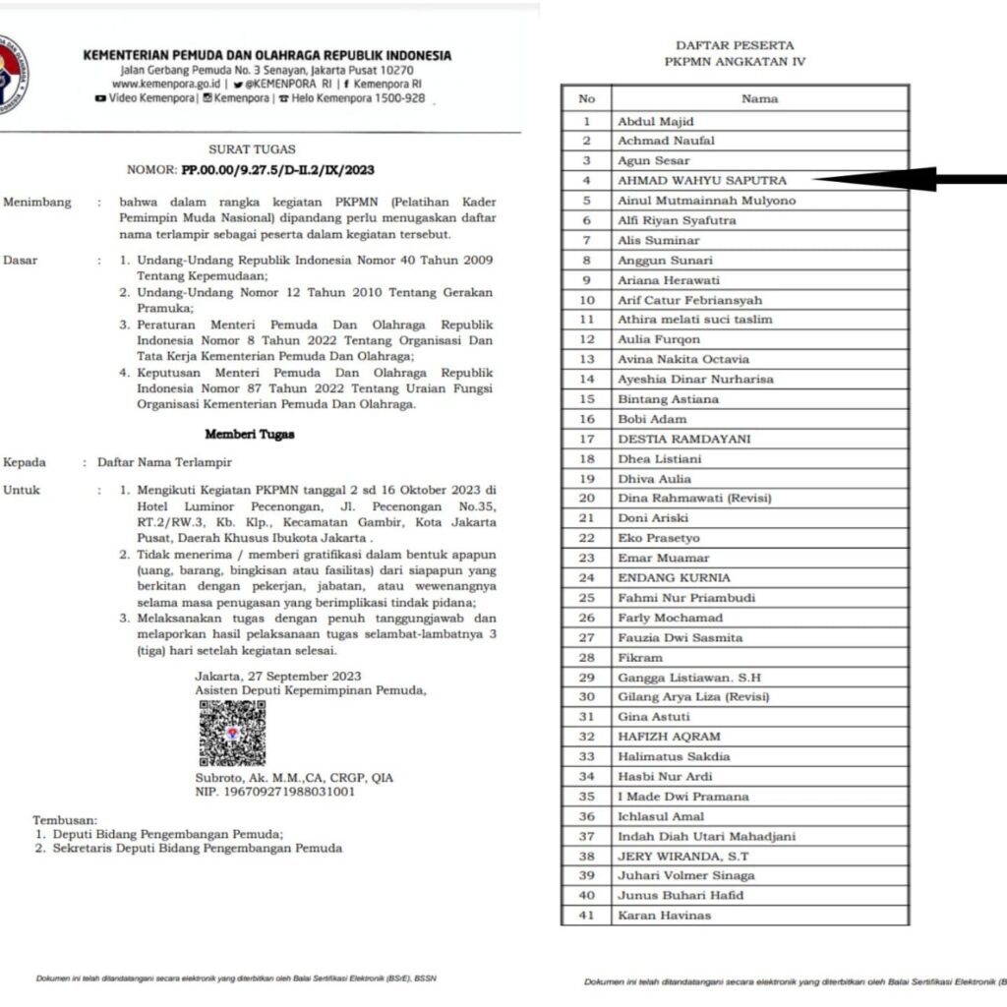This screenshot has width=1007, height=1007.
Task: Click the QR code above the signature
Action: (232, 734)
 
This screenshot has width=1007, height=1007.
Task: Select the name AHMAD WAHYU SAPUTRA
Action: (702, 180)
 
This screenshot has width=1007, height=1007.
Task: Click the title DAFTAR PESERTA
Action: (735, 45)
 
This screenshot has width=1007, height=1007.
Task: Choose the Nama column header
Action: (759, 98)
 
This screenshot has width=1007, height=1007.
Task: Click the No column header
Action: (586, 98)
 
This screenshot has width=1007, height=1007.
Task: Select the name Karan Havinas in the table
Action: (664, 916)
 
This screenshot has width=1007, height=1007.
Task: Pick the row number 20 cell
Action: (586, 498)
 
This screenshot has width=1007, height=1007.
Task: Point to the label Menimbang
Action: (37, 203)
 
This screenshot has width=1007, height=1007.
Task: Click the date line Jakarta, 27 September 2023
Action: (278, 676)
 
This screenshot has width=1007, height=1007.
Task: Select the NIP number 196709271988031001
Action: (275, 792)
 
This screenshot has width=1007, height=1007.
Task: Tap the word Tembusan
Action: (65, 819)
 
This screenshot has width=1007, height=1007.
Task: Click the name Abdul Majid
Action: (656, 121)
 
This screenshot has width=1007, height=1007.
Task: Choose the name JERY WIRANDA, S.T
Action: (681, 856)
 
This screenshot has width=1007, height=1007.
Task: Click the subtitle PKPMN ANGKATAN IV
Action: (735, 62)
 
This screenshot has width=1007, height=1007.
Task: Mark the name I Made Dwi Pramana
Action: (682, 797)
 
